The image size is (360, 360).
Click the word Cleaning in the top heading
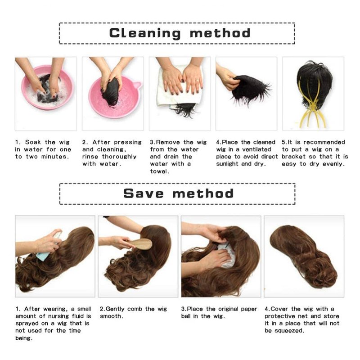click(x=144, y=33)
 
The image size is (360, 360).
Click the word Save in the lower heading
click(x=143, y=193)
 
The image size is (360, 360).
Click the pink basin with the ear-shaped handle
click(x=115, y=96)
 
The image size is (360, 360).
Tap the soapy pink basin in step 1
click(x=48, y=87)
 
